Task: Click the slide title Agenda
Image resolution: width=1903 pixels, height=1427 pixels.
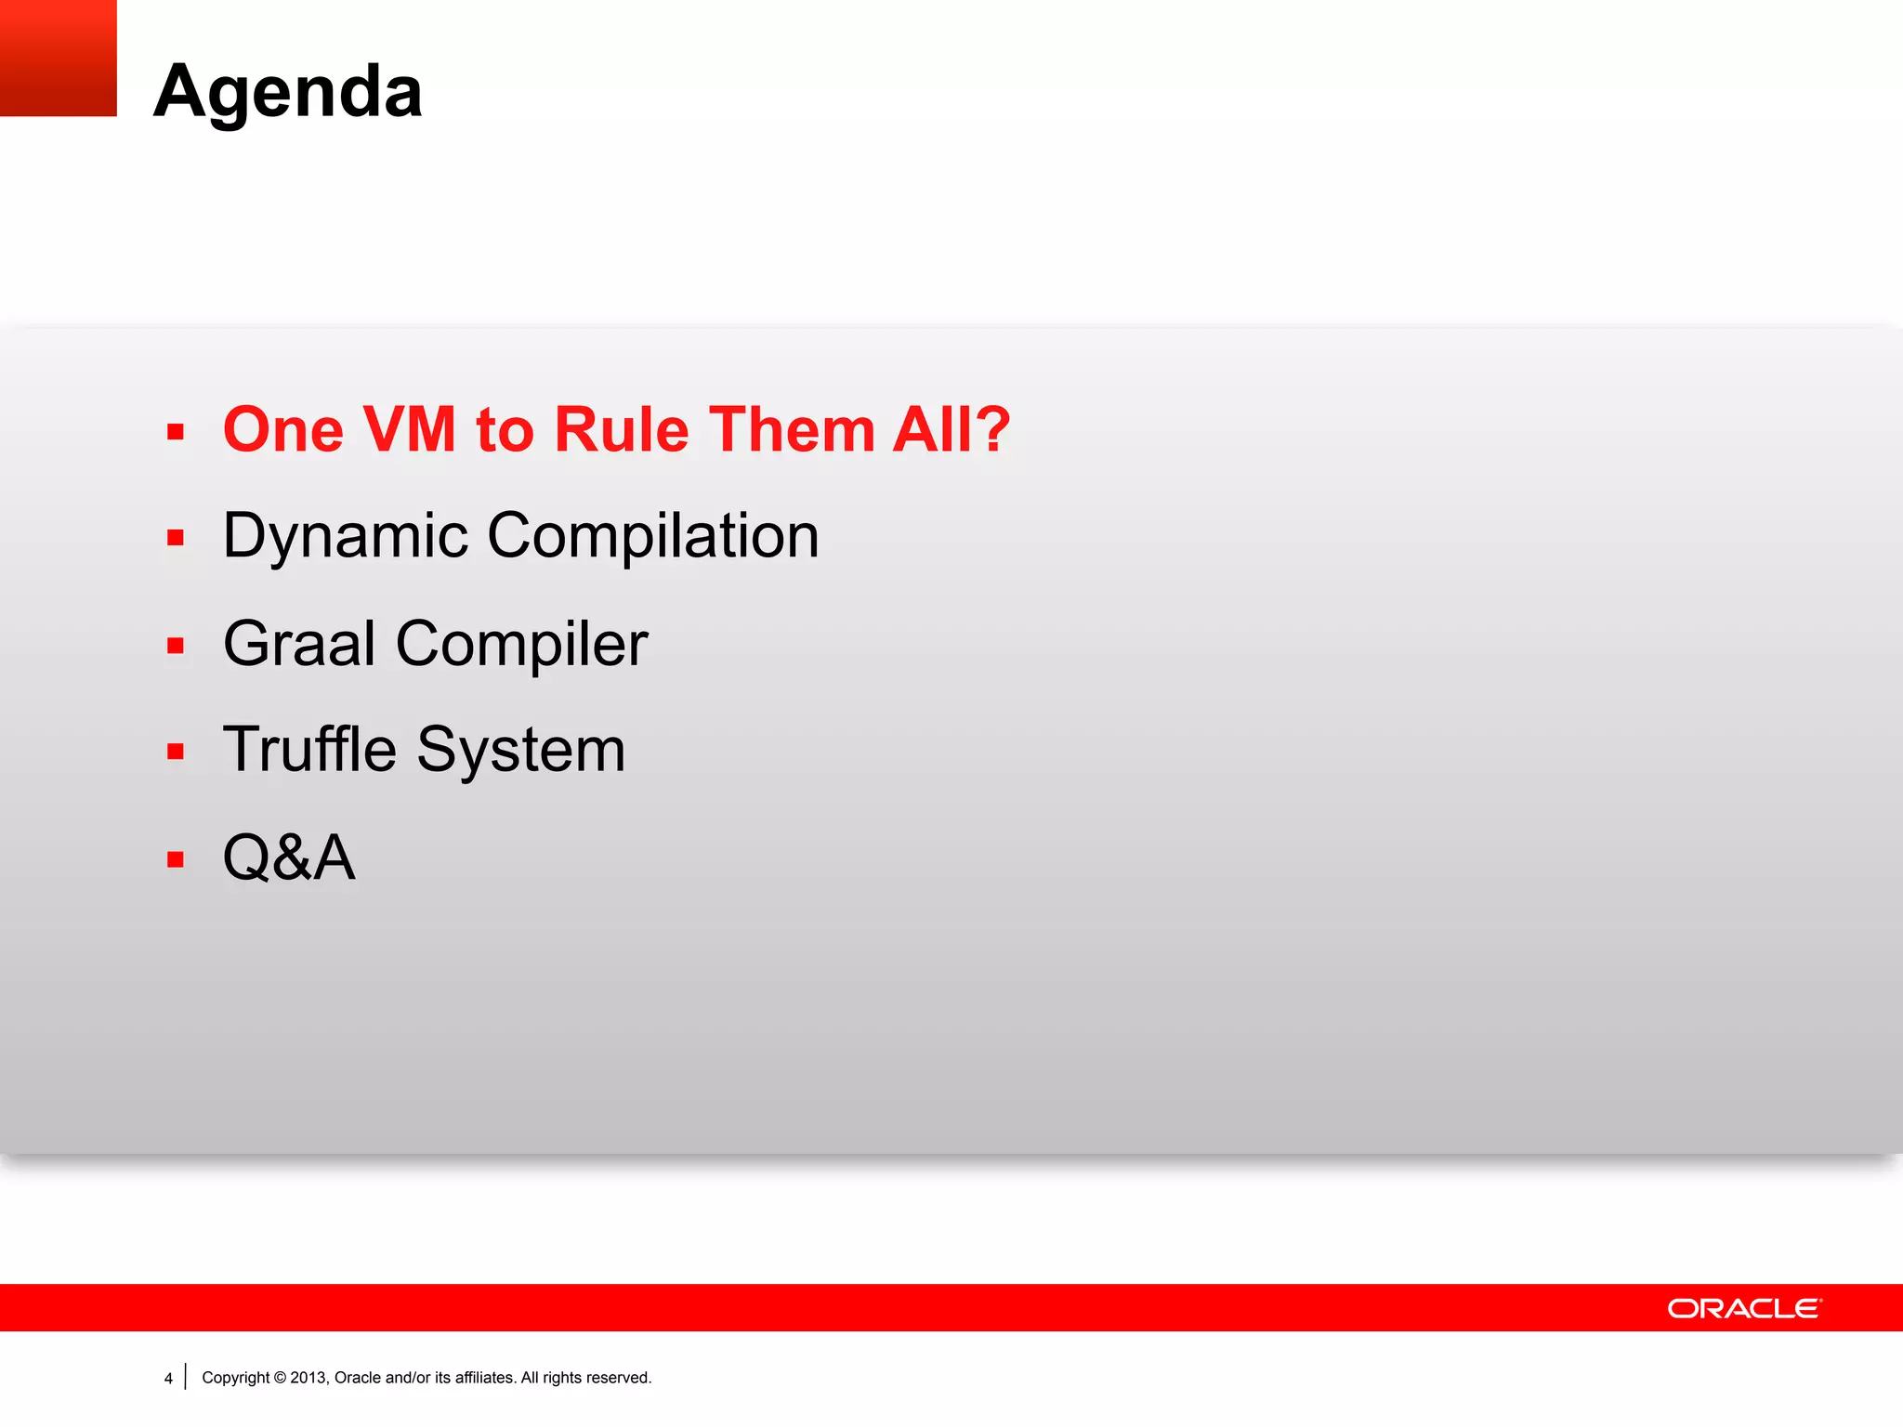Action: tap(288, 91)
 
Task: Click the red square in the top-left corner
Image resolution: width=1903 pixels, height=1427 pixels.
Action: tap(58, 58)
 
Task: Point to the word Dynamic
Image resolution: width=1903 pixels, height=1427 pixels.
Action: tap(346, 536)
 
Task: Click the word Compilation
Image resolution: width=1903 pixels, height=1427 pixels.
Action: tap(652, 536)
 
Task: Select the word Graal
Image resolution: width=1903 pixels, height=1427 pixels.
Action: tap(299, 643)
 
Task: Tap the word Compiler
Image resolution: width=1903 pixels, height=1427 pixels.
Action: tap(521, 643)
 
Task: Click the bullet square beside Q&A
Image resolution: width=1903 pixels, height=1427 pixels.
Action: tap(176, 859)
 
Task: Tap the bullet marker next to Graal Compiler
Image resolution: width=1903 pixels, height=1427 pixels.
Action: tap(176, 646)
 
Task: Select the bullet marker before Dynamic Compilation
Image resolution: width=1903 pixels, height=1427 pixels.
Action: tap(176, 538)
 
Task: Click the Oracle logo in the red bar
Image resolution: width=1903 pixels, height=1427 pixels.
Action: tap(1744, 1308)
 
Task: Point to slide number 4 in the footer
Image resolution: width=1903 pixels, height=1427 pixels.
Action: tap(168, 1379)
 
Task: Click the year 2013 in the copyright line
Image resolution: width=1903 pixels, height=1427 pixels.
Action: tap(308, 1378)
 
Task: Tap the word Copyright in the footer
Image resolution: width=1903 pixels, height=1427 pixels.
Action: tap(235, 1378)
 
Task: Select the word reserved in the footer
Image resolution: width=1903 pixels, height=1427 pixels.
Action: tap(618, 1378)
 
